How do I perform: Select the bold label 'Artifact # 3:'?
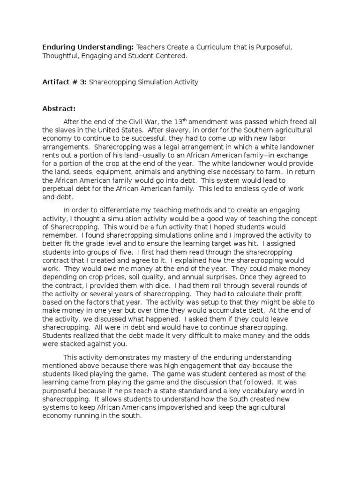coord(64,82)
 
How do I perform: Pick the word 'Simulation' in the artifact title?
coord(154,82)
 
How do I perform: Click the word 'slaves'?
coord(65,130)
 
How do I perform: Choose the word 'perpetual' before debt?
coord(58,188)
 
